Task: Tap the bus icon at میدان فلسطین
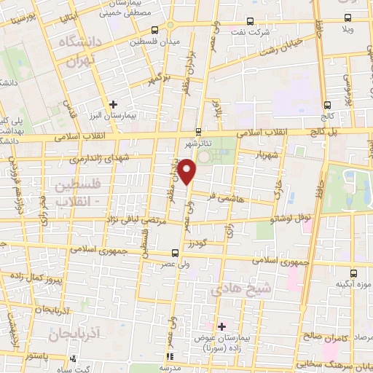tap(155, 31)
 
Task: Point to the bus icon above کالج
tap(326, 104)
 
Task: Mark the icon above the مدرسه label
tap(170, 356)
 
